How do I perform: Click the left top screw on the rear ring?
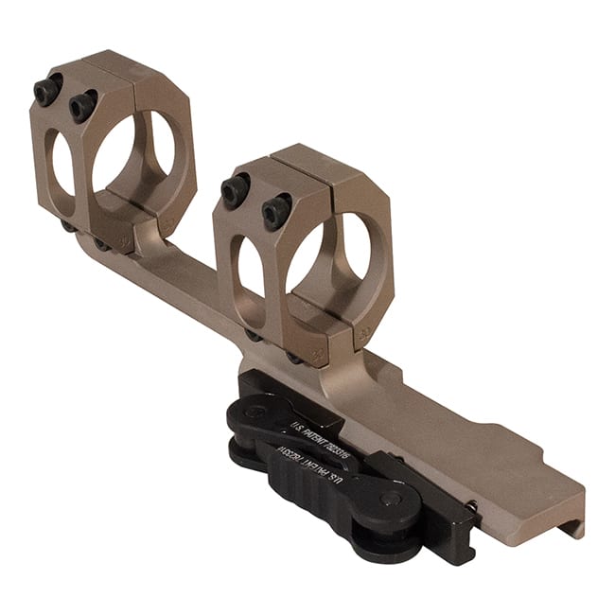[x=47, y=90]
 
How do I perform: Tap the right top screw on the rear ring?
[x=82, y=106]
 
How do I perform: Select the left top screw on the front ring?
[x=236, y=190]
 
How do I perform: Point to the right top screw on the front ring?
[x=276, y=212]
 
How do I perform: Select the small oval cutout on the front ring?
[x=251, y=269]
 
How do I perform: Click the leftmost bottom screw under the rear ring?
[x=69, y=225]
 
